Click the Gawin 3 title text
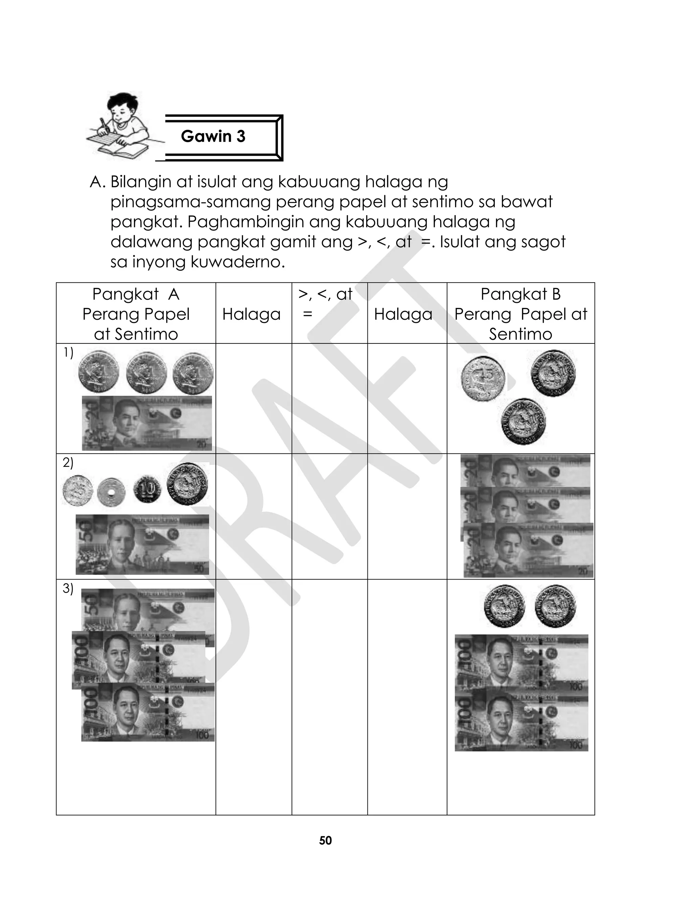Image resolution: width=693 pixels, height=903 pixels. pos(213,136)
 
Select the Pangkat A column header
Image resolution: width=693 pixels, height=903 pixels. pos(136,314)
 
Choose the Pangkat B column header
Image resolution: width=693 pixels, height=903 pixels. pos(520,314)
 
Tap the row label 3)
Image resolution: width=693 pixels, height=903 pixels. pos(68,588)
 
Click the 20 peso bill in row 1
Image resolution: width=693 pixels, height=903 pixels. pos(147,423)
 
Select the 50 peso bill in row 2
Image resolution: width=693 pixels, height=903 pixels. pos(142,544)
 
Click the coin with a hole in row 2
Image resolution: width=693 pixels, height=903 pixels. pos(111,492)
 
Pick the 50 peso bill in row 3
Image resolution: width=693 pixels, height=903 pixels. pos(148,608)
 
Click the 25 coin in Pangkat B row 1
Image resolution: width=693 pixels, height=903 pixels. pos(483,379)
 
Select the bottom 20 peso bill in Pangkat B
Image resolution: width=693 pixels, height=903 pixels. pos(529,550)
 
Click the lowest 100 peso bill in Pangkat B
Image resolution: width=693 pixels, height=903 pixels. pos(521,722)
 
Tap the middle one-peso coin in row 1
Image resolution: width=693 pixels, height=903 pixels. pos(147,373)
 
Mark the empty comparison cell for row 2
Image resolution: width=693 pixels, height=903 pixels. pos(329,516)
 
